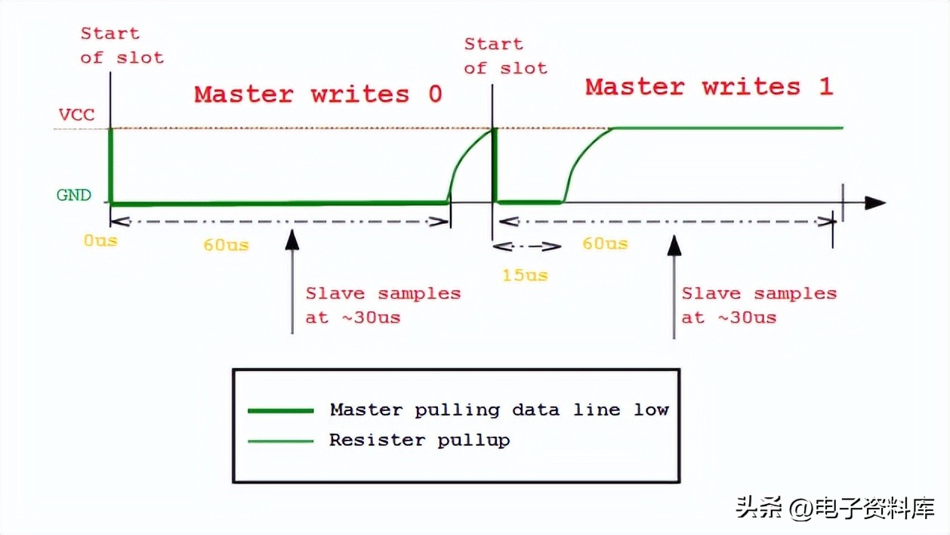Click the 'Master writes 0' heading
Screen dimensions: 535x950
click(318, 94)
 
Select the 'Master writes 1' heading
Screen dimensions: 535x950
click(708, 87)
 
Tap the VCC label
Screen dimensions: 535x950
click(76, 116)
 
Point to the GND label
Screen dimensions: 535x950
click(74, 195)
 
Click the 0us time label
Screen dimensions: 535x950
click(100, 242)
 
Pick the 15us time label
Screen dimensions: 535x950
click(525, 275)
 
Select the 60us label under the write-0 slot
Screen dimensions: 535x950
click(226, 246)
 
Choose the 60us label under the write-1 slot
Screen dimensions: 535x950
click(605, 243)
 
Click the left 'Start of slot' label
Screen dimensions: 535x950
click(122, 45)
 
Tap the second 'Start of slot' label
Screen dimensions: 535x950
click(505, 56)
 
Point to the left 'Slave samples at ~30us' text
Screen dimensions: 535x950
click(383, 305)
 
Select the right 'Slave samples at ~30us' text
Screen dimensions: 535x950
click(759, 305)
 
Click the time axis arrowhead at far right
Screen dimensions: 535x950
click(874, 203)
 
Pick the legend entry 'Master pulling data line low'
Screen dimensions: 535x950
click(499, 410)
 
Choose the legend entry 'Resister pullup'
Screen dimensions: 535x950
click(419, 440)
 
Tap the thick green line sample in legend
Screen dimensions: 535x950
click(281, 410)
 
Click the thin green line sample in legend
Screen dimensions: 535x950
click(281, 441)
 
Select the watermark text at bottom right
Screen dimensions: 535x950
click(835, 507)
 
